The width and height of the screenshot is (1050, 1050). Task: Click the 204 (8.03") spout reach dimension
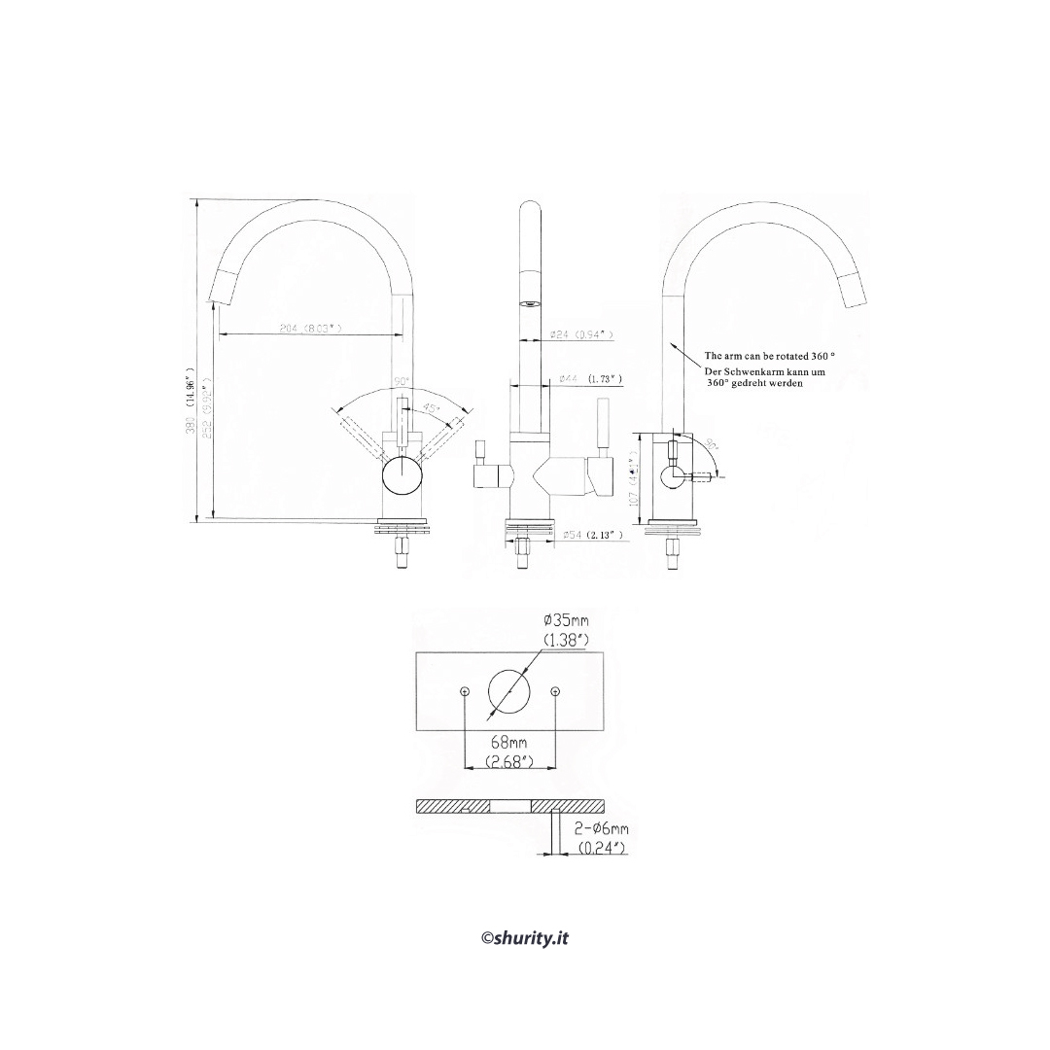pyautogui.click(x=310, y=329)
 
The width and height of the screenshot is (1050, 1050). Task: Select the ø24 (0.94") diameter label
pyautogui.click(x=582, y=334)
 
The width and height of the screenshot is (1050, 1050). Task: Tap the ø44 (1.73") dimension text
pyautogui.click(x=590, y=379)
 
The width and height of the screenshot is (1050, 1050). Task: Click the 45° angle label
pyautogui.click(x=431, y=408)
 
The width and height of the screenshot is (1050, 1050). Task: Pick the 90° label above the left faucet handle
pyautogui.click(x=402, y=381)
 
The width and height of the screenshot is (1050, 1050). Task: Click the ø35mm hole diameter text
pyautogui.click(x=566, y=620)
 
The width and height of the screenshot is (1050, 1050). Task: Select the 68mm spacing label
pyautogui.click(x=509, y=744)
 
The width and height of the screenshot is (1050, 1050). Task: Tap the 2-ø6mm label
pyautogui.click(x=602, y=829)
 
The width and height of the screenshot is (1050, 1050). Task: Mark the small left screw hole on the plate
pyautogui.click(x=466, y=691)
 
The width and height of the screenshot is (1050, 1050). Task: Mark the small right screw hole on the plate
pyautogui.click(x=554, y=691)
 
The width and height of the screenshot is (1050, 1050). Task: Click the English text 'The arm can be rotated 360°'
pyautogui.click(x=770, y=357)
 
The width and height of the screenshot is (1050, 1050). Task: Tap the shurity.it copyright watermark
pyautogui.click(x=525, y=937)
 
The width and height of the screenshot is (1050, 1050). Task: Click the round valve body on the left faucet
pyautogui.click(x=402, y=477)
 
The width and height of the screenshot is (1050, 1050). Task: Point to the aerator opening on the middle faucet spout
pyautogui.click(x=531, y=302)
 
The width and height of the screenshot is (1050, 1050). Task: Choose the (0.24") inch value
pyautogui.click(x=602, y=849)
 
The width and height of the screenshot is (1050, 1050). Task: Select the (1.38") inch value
pyautogui.click(x=566, y=639)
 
